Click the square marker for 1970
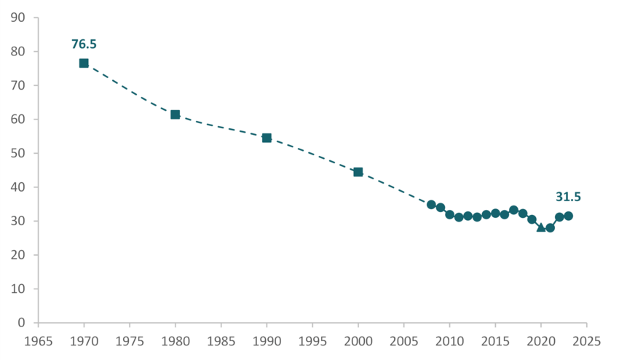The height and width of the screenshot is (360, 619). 84,63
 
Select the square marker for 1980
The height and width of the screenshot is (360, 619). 176,114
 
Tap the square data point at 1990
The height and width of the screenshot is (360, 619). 267,138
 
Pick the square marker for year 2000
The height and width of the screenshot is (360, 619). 358,172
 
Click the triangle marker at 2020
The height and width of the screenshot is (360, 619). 541,227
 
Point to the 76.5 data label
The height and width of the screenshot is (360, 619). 84,44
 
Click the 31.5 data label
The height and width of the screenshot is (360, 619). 568,197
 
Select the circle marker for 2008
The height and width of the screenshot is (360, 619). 431,205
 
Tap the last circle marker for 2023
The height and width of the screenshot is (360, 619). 568,216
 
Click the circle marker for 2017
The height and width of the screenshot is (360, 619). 513,210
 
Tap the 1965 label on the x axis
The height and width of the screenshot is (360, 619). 38,340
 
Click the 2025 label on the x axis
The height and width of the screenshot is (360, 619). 586,340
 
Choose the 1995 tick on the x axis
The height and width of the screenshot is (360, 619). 312,340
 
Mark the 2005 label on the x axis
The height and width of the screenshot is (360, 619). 403,340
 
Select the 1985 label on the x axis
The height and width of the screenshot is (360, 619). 221,340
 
